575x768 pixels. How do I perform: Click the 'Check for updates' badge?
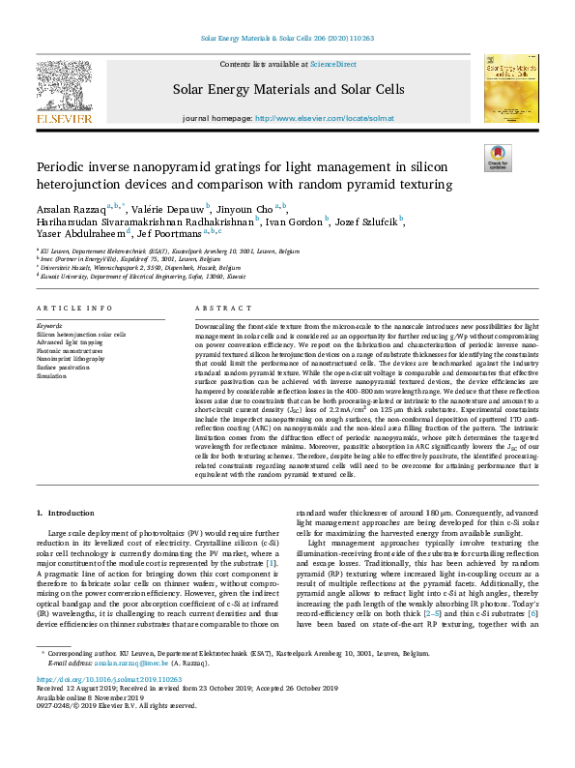(x=499, y=157)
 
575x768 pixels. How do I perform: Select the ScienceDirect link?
(x=332, y=64)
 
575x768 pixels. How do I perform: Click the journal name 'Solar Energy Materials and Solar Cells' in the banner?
(x=288, y=89)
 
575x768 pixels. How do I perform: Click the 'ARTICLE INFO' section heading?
(x=74, y=308)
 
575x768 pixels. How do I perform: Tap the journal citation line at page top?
(x=287, y=40)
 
